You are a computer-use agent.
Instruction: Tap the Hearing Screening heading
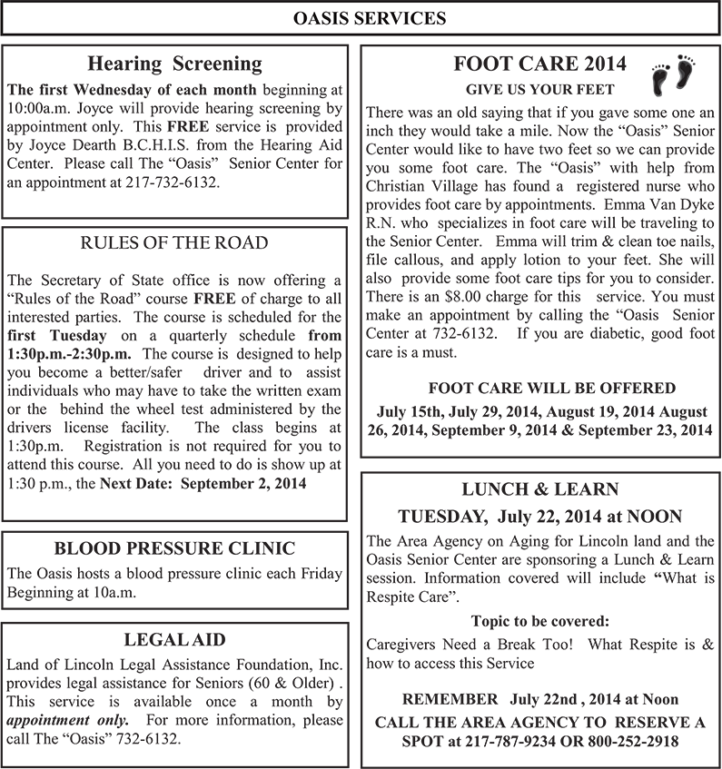[x=174, y=64]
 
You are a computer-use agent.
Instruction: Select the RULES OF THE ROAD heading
[x=174, y=242]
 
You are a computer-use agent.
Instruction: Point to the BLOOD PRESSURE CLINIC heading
[x=174, y=547]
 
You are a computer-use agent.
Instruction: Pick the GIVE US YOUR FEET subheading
[x=539, y=90]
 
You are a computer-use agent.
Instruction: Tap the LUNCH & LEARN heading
[x=540, y=490]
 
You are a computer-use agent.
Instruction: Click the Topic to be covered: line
[x=540, y=622]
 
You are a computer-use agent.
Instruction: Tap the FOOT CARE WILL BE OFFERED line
[x=539, y=388]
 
